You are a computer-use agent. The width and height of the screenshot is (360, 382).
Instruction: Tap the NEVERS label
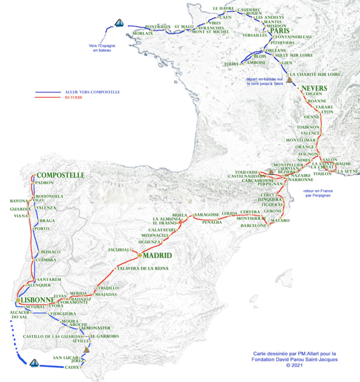coord(314,88)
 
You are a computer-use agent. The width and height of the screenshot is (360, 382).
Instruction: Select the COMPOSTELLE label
coord(59,175)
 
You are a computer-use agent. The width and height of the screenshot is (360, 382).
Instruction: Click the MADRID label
coord(158,256)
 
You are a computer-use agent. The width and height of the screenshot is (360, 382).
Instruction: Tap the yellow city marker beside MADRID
coord(140,256)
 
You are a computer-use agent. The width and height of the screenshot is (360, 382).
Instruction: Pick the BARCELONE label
coord(254,225)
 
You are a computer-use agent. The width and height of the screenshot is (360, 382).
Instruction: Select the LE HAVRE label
coord(223,9)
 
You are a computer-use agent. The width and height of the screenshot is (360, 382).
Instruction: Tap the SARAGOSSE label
coord(206,215)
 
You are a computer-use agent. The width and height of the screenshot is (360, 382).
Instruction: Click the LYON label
coord(327,112)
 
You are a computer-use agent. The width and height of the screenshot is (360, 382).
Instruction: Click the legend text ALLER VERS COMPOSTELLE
coord(92,92)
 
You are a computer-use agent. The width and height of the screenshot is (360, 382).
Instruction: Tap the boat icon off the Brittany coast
coord(120,24)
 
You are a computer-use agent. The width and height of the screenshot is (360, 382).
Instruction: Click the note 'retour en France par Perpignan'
coord(318,193)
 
